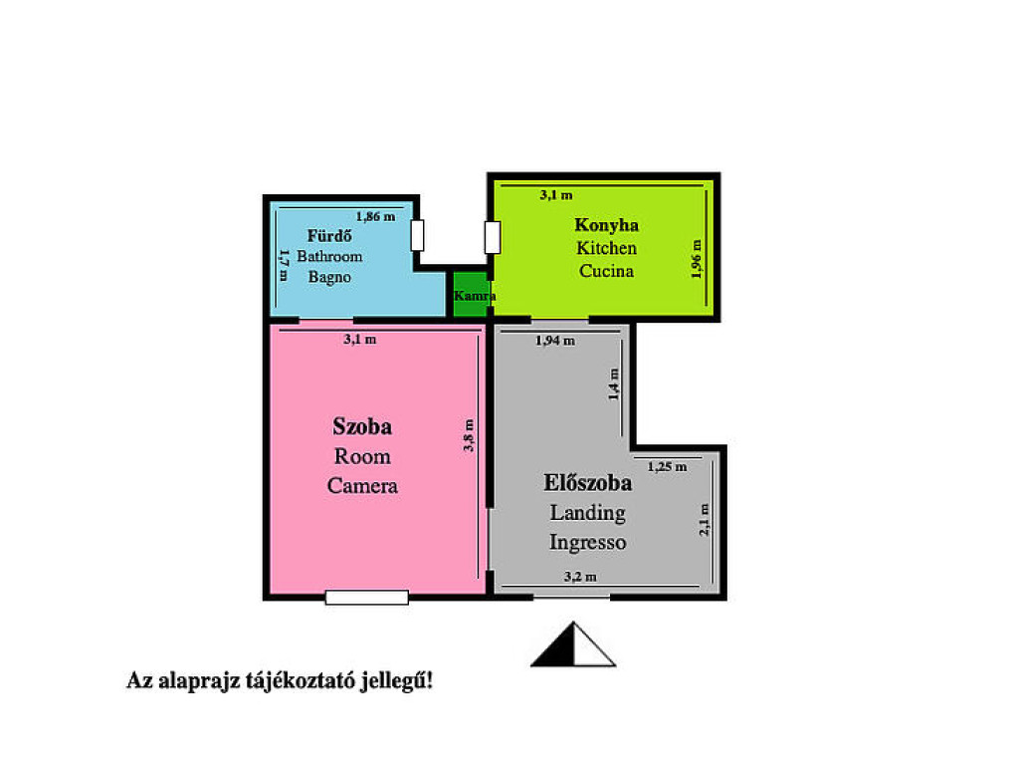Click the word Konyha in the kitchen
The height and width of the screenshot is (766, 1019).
(606, 226)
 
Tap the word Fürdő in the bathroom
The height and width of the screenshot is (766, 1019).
(329, 235)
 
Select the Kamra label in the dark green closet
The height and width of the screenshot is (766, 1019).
(475, 296)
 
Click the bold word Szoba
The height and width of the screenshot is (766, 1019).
(362, 426)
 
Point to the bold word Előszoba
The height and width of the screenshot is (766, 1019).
(587, 483)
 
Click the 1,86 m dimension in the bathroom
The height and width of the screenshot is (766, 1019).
(375, 216)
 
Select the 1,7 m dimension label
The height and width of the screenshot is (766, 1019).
(284, 265)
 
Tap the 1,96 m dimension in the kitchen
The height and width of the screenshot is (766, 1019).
(697, 259)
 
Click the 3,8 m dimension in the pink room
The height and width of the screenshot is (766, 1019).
(469, 435)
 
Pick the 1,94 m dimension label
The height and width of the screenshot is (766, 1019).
(555, 341)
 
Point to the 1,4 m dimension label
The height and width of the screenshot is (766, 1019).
(613, 384)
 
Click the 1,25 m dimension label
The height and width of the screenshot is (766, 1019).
(667, 467)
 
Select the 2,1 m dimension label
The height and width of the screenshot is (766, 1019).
(705, 520)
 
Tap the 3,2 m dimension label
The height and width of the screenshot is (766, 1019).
(580, 577)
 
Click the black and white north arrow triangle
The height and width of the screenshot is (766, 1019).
(573, 645)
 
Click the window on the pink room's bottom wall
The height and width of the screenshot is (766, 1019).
(367, 598)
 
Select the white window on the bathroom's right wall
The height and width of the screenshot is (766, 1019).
(418, 235)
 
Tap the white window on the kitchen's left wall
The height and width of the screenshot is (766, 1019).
(493, 237)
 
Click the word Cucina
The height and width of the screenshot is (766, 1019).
(606, 271)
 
